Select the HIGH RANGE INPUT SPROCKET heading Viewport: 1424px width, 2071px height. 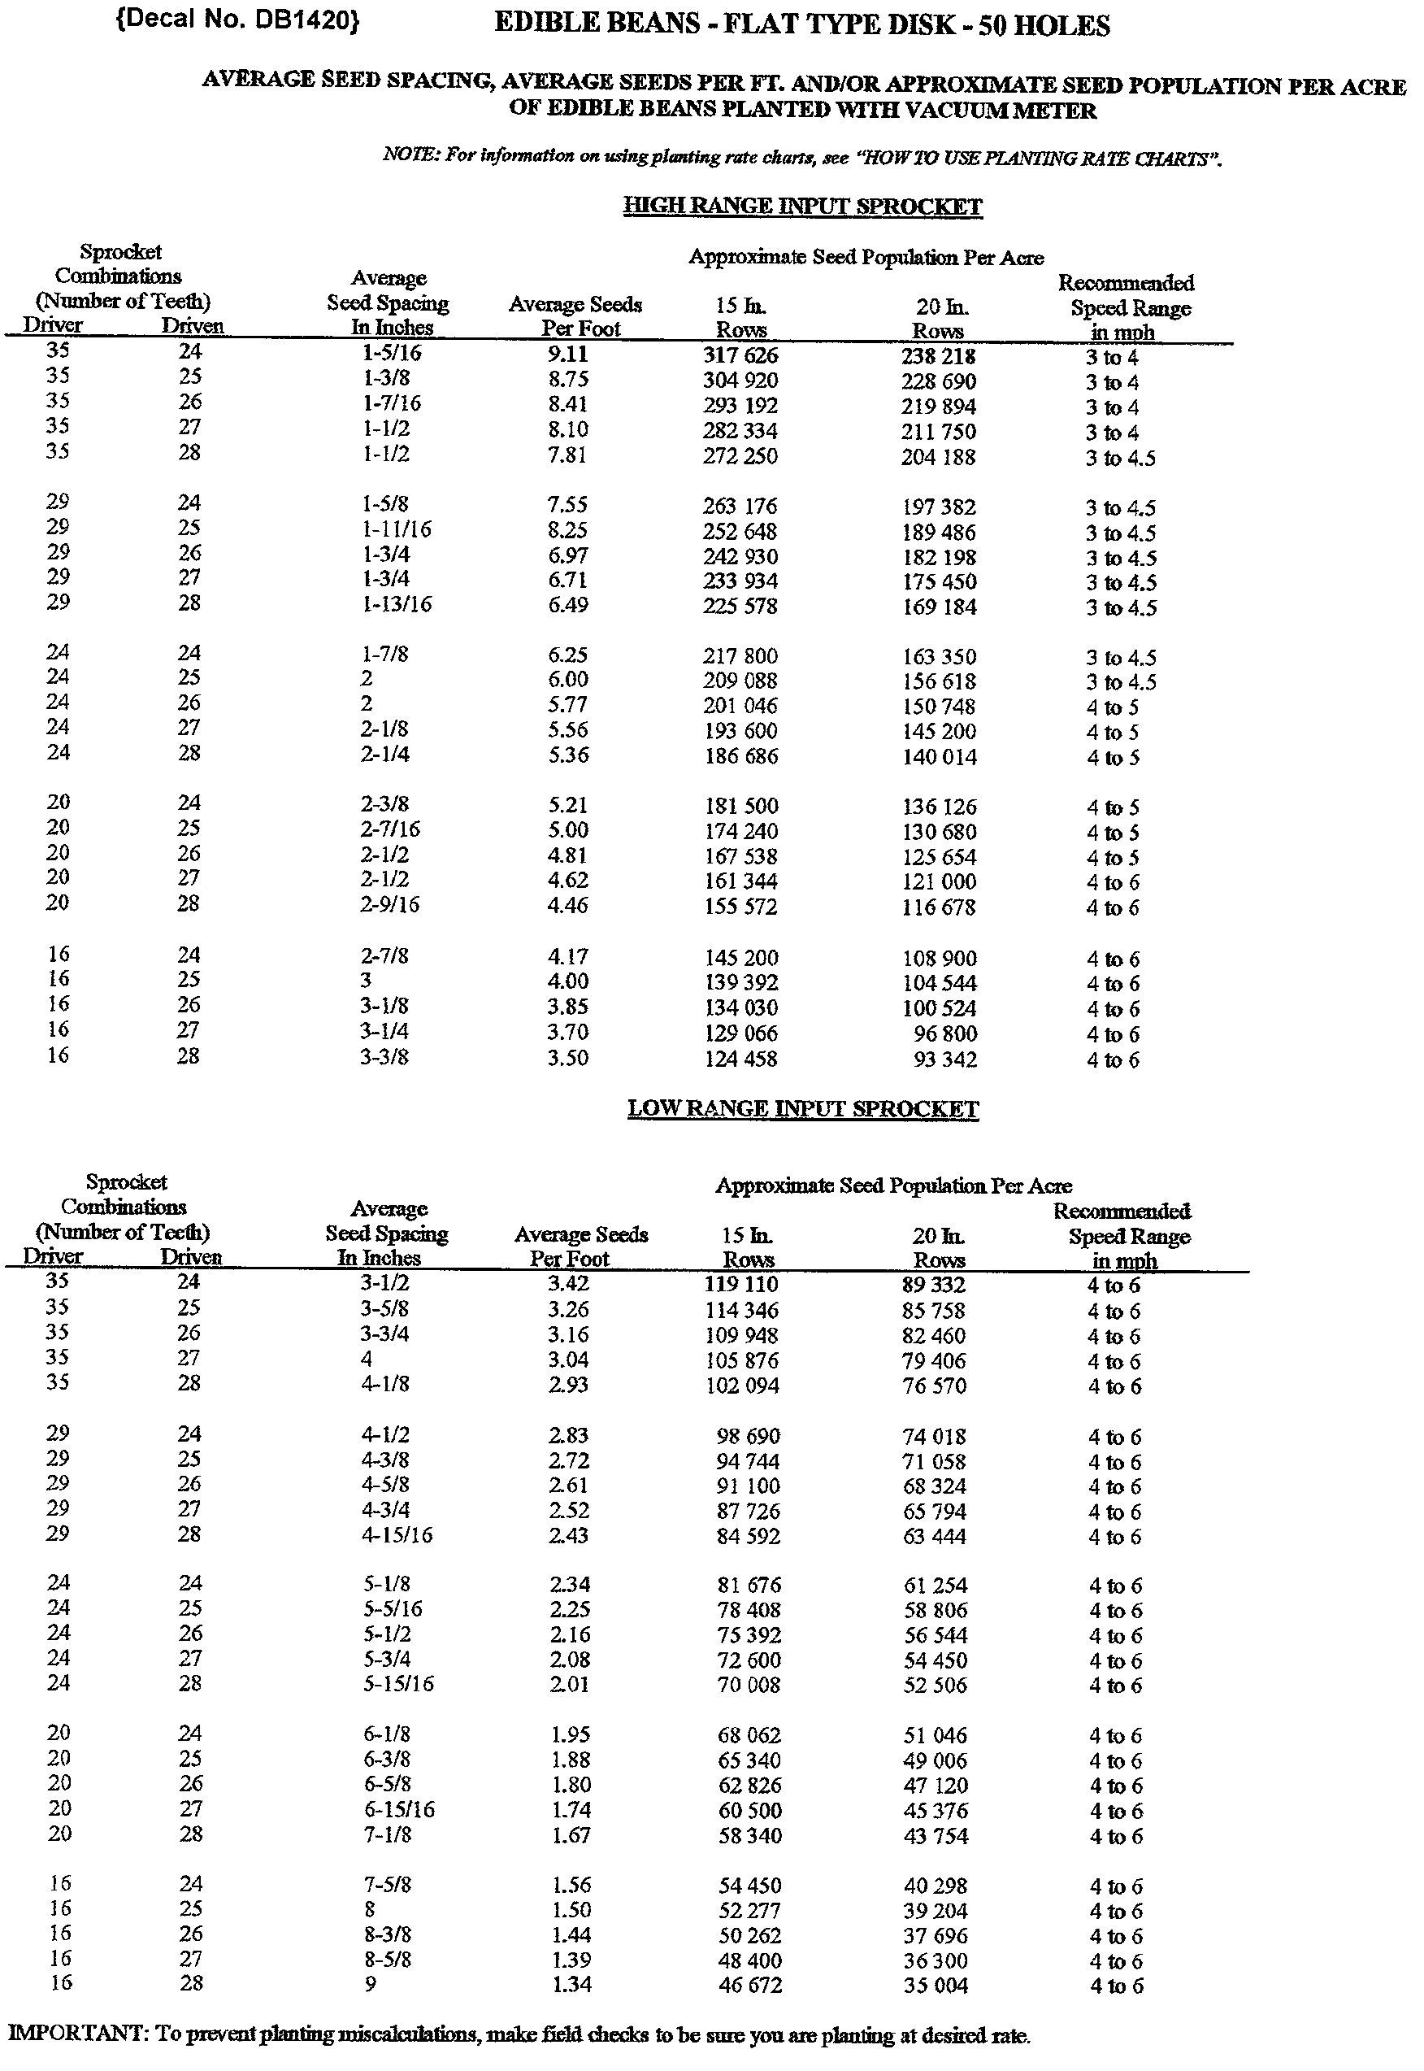tap(801, 207)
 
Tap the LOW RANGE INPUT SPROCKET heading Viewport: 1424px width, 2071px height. tap(803, 1109)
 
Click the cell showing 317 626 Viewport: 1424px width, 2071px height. tap(740, 355)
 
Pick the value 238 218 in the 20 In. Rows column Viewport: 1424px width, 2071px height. tap(938, 356)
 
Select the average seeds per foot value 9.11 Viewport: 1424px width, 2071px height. tap(567, 355)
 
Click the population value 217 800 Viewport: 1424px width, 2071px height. tap(740, 656)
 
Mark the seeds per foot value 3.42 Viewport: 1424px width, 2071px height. tap(568, 1284)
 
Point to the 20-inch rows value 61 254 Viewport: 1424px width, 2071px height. tap(935, 1586)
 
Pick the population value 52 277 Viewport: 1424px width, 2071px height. tap(749, 1910)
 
